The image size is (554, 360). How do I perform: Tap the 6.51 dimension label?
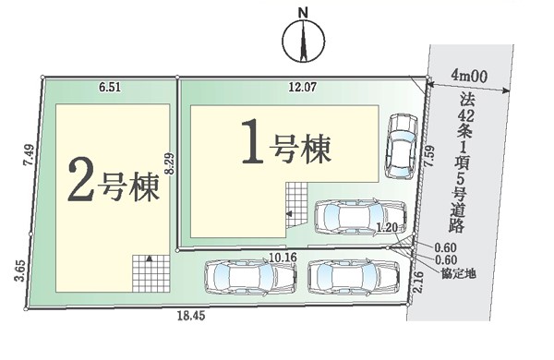tap(110, 88)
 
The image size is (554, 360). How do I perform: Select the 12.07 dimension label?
tap(302, 87)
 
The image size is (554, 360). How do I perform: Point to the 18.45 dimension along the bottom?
tap(191, 316)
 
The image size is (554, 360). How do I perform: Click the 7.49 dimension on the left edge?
tap(30, 156)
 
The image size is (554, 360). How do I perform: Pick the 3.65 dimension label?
tap(20, 270)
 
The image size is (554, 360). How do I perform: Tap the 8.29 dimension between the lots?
tap(170, 162)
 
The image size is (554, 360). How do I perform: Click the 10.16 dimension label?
tap(283, 258)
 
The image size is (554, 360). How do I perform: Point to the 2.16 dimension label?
tap(417, 282)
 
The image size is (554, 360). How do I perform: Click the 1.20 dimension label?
tap(387, 227)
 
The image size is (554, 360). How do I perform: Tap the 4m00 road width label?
tap(469, 77)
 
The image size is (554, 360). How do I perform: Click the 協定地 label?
tap(458, 273)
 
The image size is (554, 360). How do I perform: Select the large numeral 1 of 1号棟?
tap(252, 141)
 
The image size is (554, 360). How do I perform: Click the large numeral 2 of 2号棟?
tap(81, 179)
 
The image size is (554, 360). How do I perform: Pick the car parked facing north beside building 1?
tap(401, 146)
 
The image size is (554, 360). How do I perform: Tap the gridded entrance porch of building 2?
tap(151, 273)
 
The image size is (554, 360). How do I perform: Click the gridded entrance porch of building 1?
tap(296, 205)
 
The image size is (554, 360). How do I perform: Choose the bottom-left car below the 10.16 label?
tap(250, 277)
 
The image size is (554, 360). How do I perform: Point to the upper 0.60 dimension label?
tap(446, 248)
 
